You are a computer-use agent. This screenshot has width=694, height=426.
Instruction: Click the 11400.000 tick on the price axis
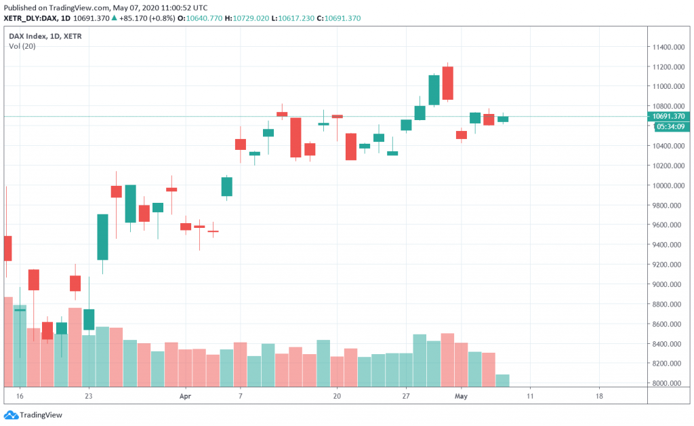668,47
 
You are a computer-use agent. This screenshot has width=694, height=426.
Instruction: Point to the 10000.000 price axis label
668,186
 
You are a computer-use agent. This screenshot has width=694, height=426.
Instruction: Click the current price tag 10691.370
669,117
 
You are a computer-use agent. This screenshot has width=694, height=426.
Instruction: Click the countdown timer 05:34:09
669,126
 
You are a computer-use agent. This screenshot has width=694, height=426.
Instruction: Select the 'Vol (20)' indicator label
23,46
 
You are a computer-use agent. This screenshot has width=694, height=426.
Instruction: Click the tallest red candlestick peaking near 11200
447,83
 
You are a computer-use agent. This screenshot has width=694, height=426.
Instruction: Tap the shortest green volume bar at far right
503,380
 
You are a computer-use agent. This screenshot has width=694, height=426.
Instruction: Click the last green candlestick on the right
503,119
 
